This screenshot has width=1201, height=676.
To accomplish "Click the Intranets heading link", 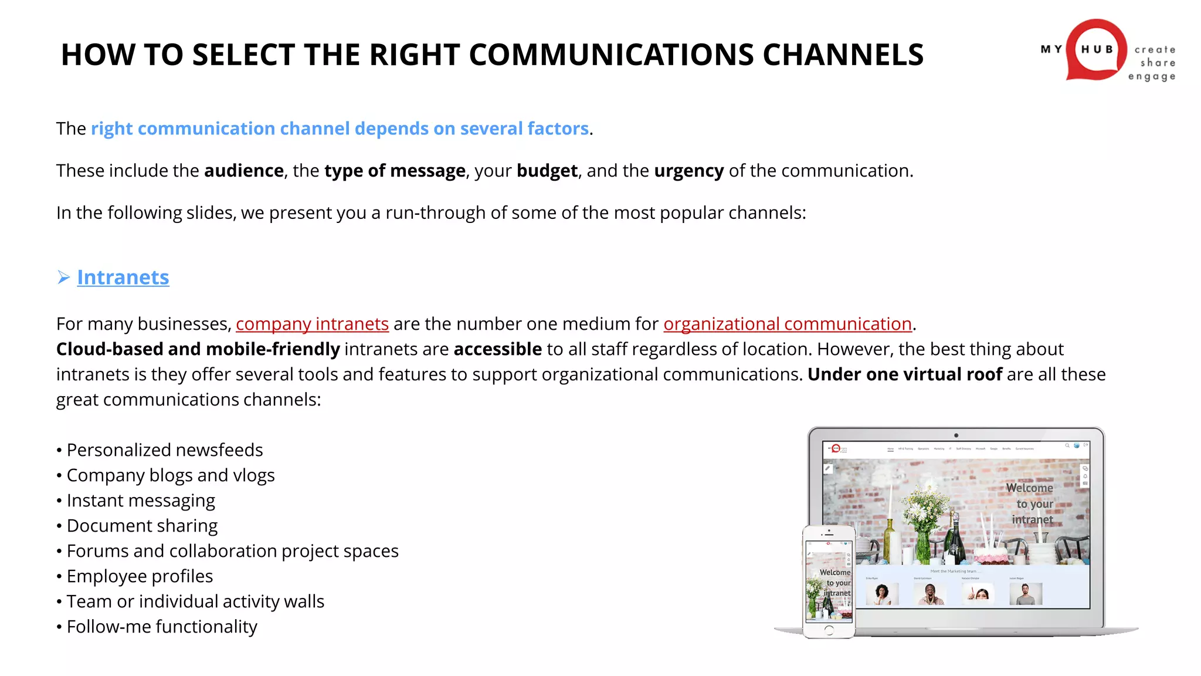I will point(123,277).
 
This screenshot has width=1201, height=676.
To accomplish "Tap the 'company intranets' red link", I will point(312,324).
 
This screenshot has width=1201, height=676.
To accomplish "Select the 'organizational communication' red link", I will point(787,324).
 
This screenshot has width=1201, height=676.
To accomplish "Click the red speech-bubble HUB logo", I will point(1095,50).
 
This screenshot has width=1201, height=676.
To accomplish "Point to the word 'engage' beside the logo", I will point(1151,76).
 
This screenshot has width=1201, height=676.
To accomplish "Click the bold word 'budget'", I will point(547,171).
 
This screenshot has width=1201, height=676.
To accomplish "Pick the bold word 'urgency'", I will point(688,171).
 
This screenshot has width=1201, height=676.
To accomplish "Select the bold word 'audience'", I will point(244,171).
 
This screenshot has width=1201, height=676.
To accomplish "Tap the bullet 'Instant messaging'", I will point(141,501).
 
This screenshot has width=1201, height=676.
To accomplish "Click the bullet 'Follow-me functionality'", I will point(162,627).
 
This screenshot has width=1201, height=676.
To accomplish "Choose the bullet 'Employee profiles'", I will point(140,576).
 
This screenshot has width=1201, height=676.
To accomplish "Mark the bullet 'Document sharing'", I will point(142,526).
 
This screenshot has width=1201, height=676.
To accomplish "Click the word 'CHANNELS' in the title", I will point(843,55).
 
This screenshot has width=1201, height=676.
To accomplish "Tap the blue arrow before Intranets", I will point(64,277).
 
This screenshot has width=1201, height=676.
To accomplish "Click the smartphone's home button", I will point(829,630).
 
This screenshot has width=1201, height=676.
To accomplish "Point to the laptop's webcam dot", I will point(956,435).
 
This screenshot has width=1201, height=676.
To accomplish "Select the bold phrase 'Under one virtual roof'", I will point(904,374).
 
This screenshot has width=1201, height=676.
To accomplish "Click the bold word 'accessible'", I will point(497,349).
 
